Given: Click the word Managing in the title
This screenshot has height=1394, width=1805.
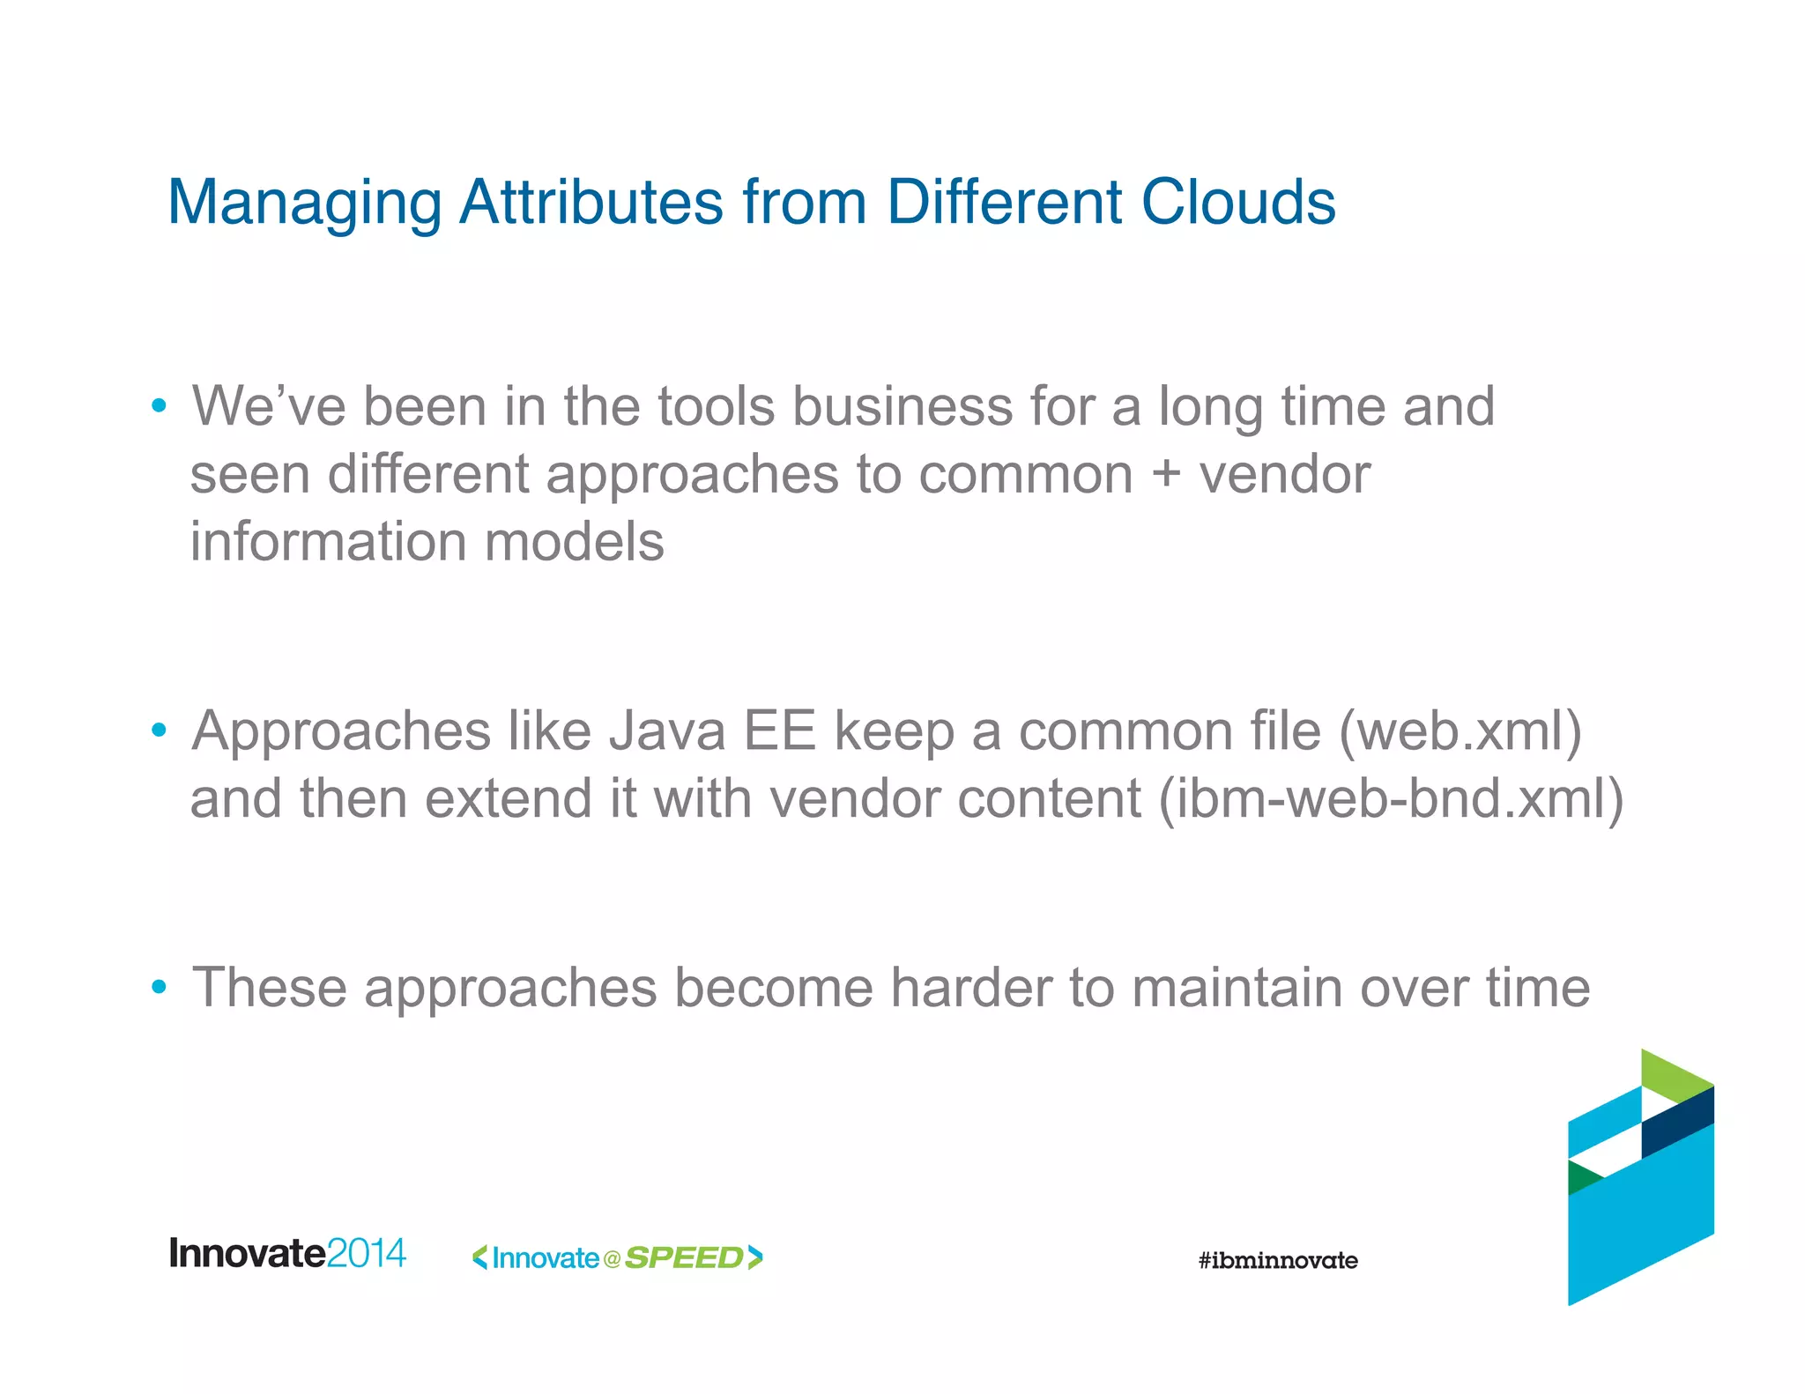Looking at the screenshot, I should click(x=304, y=204).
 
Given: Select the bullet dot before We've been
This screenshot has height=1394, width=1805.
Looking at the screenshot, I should click(x=159, y=406).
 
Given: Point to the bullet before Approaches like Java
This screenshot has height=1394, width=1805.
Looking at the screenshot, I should click(x=159, y=730).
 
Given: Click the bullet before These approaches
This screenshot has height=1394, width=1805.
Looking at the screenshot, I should click(x=159, y=987).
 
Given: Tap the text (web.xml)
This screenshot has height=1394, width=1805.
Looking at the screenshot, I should click(x=1460, y=731).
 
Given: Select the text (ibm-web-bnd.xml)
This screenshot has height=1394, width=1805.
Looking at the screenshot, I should click(x=1391, y=798).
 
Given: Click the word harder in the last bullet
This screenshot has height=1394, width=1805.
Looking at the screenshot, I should click(x=970, y=987).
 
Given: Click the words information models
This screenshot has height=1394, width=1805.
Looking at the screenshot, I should click(x=427, y=541).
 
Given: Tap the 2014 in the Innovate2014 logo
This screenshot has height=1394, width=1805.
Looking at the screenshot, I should click(x=366, y=1253).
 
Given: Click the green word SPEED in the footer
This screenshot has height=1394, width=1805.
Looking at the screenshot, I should click(x=684, y=1257).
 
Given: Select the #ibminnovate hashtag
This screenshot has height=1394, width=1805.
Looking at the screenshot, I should click(x=1277, y=1260).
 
